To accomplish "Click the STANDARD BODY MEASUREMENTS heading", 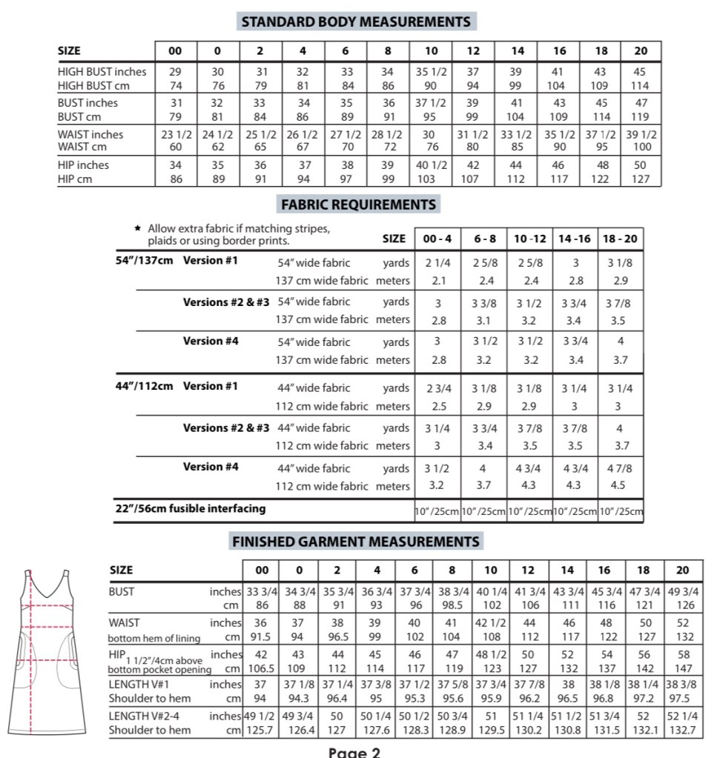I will coord(356,21).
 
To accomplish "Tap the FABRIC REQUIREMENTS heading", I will coord(358,204).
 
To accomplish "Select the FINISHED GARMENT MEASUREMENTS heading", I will coord(356,542).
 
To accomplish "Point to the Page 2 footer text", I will coord(354,751).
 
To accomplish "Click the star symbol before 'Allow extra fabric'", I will coord(137,229).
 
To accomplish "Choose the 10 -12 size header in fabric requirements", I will coord(530,239).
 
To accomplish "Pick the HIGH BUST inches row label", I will coord(102,72).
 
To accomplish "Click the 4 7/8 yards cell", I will coord(620,468).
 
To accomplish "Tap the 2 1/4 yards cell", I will coord(437,262).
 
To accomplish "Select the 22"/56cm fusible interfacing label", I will coord(191,509).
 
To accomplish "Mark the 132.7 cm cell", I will coord(682,731).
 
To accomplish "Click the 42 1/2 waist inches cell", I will coord(490,623).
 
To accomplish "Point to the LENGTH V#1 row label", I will coord(145,685).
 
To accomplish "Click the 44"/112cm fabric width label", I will coord(145,386).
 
